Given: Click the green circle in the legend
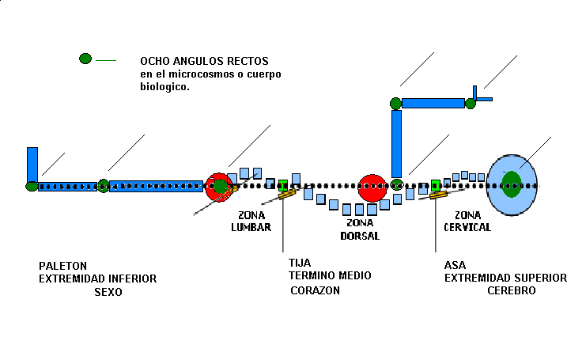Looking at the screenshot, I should point(85,59).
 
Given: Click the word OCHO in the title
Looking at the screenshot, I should point(153,62).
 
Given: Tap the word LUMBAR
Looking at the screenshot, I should point(251,227).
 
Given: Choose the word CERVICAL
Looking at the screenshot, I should point(467,227).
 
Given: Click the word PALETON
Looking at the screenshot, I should point(62,266).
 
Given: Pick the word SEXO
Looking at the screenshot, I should point(108,292).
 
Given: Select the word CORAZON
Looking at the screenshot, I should point(315,290).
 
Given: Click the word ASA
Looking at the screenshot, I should point(455,265).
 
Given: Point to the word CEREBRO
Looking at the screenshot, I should point(511,290).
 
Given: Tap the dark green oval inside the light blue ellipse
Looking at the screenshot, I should point(511,184).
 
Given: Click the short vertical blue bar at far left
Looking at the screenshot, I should point(32,164).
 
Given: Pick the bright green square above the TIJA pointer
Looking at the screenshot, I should point(283,185).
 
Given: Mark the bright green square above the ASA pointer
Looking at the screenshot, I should point(436,185).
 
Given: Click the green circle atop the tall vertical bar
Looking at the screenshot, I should point(396,103).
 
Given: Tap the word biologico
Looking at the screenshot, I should point(164,87).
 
